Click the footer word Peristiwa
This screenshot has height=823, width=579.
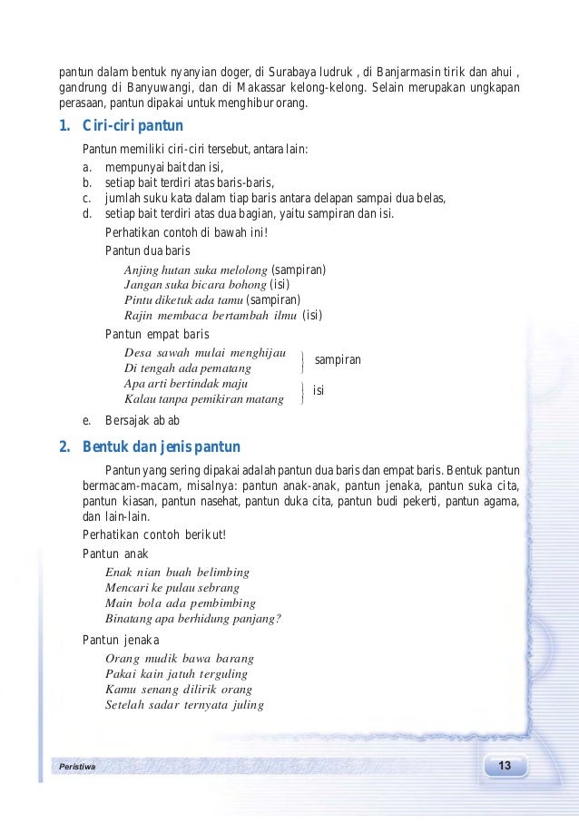point(76,767)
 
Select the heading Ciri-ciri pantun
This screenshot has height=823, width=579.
point(132,126)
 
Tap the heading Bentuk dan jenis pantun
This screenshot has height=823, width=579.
point(161,446)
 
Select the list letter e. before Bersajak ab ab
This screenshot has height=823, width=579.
point(86,420)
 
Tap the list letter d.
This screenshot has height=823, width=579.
point(86,214)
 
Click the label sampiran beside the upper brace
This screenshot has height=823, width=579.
point(338,360)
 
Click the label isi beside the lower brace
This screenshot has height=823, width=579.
point(319,390)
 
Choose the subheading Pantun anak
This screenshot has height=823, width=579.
point(115,554)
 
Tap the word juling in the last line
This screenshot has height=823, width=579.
point(247,705)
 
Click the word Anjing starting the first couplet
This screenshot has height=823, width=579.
point(141,270)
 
